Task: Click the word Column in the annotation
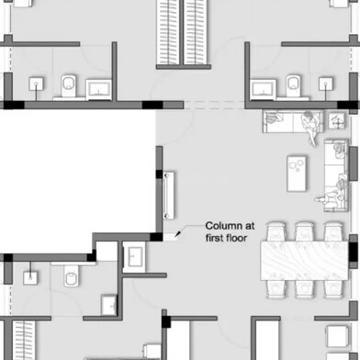click(x=223, y=226)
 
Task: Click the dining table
click(x=305, y=258)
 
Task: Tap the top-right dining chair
click(x=332, y=231)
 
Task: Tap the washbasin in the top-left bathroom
click(x=98, y=89)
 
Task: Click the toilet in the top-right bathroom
click(x=293, y=85)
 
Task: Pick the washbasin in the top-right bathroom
click(x=264, y=89)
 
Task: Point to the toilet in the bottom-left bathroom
click(x=70, y=276)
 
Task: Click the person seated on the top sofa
click(x=309, y=120)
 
